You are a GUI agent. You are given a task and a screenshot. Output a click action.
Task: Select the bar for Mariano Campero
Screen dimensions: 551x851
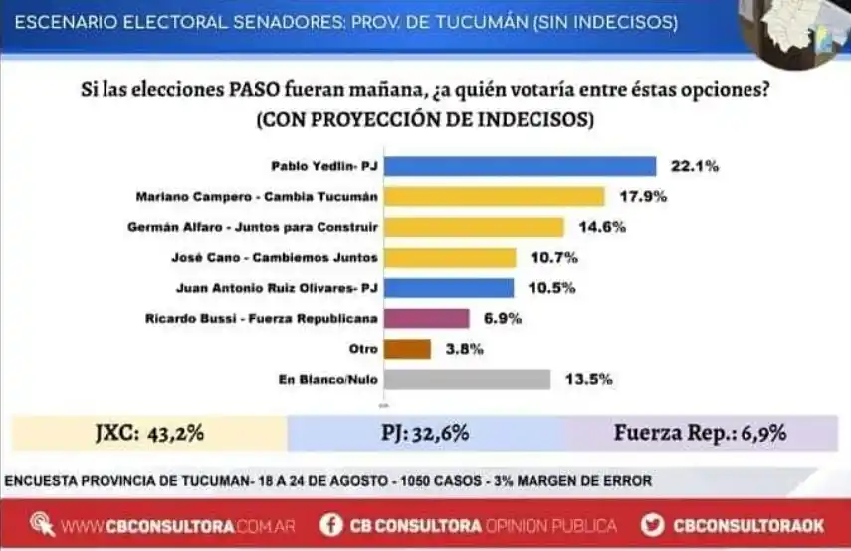click(494, 196)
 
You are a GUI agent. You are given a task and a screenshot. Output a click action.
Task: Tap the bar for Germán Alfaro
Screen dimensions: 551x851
click(474, 227)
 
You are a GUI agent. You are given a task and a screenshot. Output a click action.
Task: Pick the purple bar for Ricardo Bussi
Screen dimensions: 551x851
click(426, 319)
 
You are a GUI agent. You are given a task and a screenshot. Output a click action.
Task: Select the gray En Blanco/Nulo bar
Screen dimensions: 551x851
click(467, 379)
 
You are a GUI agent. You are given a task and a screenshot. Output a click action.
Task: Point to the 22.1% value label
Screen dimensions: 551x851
click(693, 166)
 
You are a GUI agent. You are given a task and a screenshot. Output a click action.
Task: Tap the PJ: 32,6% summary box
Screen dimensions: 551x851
click(425, 433)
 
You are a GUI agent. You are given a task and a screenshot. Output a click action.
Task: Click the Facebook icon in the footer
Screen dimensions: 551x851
click(331, 524)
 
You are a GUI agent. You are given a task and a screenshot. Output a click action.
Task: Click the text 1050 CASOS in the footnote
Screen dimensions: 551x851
click(439, 481)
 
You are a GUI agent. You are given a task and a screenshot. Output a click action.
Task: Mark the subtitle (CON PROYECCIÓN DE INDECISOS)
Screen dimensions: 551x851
click(425, 119)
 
